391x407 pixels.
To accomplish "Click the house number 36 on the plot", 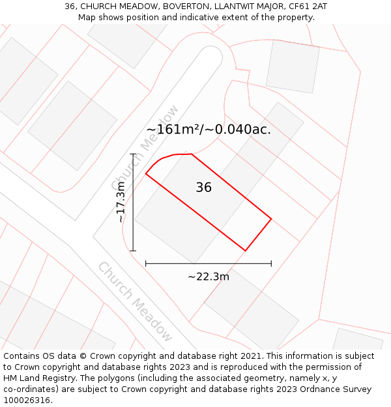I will tap(203, 188).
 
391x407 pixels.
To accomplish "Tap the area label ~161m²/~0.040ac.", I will tap(209, 129).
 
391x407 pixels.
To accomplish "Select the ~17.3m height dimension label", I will tap(121, 203).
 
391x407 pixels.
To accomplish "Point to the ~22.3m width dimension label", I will tap(209, 277).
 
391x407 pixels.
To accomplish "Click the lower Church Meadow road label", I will tap(136, 302).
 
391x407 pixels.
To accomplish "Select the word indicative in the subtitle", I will tap(186, 17).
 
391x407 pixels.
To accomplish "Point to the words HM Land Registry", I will tap(36, 378).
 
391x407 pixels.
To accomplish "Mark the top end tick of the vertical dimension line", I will tap(133, 154).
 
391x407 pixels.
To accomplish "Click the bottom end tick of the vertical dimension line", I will tap(133, 251).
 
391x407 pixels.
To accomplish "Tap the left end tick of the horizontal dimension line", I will tap(146, 263).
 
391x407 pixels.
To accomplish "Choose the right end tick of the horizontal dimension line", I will tap(271, 263).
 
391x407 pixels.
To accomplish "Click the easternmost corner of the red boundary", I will tap(271, 219).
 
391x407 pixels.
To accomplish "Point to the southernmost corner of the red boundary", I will tap(245, 251).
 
